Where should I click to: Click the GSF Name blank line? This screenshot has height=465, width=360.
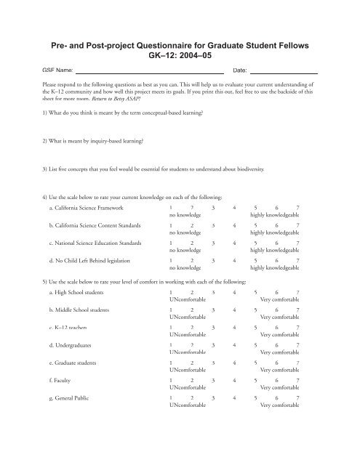(x=149, y=73)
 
